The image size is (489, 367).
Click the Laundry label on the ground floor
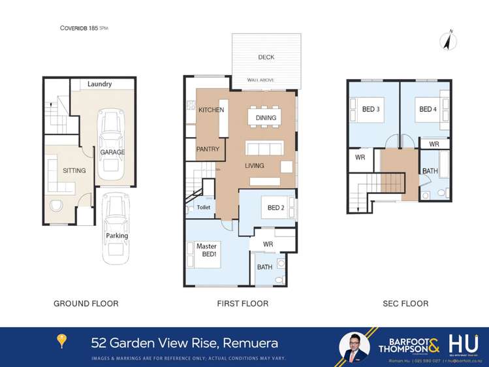pyautogui.click(x=100, y=84)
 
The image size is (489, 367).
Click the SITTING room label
pyautogui.click(x=74, y=170)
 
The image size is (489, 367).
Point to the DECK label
pyautogui.click(x=266, y=57)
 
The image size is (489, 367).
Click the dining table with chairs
pyautogui.click(x=266, y=118)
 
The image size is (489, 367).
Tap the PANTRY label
pyautogui.click(x=208, y=149)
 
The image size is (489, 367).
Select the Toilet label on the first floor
pyautogui.click(x=204, y=207)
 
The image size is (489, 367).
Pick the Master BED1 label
pyautogui.click(x=206, y=250)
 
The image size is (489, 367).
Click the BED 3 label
pyautogui.click(x=371, y=109)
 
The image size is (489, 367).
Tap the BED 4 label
pyautogui.click(x=428, y=109)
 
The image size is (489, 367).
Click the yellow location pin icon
pyautogui.click(x=62, y=342)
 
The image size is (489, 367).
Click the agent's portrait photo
pyautogui.click(x=355, y=346)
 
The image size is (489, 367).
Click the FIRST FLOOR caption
pyautogui.click(x=242, y=304)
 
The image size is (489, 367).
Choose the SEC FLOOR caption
pyautogui.click(x=406, y=304)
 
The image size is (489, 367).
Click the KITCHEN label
pyautogui.click(x=212, y=110)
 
